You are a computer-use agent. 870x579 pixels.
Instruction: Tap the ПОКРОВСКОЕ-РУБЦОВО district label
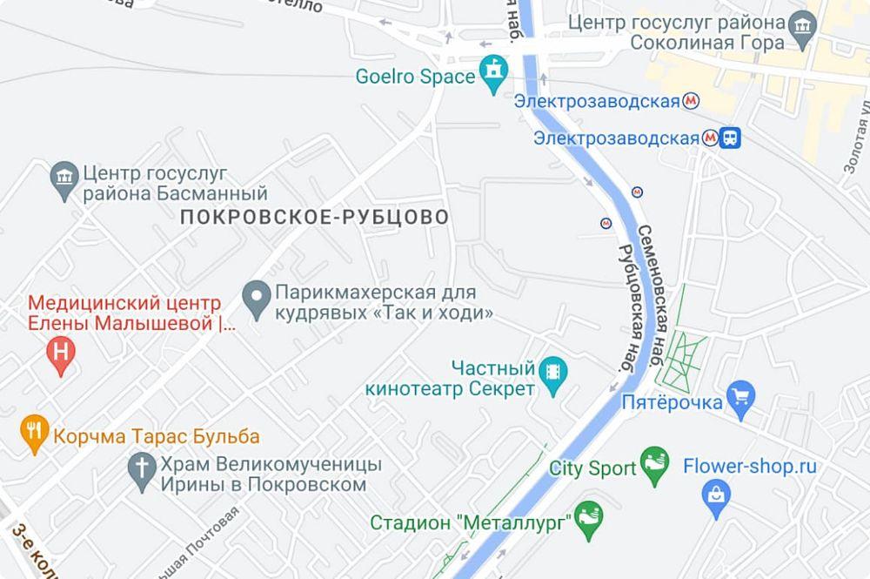tap(315, 217)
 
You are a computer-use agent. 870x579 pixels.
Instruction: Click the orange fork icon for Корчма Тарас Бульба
tap(35, 434)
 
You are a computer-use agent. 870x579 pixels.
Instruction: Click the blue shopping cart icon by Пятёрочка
tap(741, 396)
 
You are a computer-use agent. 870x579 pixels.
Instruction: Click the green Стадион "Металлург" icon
tap(589, 518)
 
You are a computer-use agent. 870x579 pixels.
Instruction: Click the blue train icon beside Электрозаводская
tap(731, 138)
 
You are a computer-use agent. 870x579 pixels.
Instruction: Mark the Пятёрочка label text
tap(673, 402)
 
